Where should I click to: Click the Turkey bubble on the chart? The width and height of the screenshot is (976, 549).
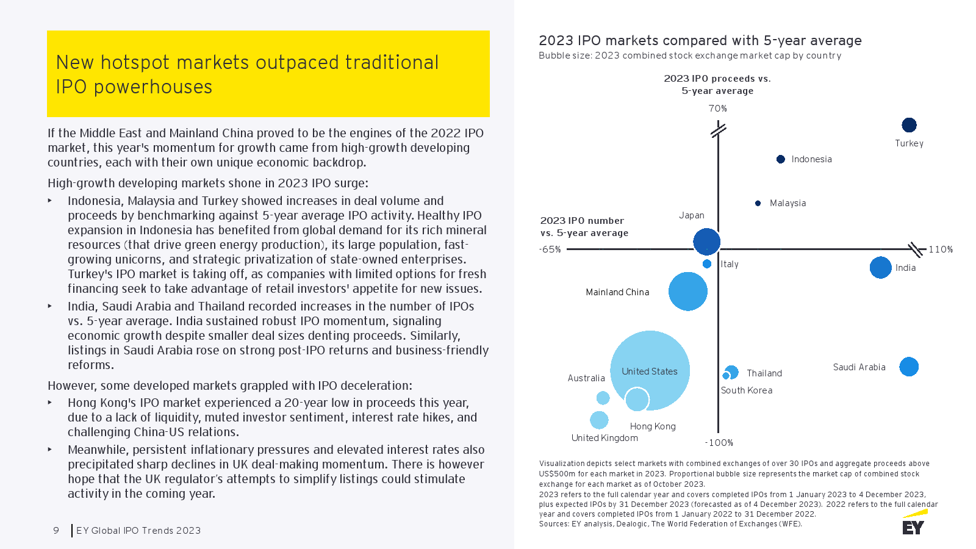[909, 125]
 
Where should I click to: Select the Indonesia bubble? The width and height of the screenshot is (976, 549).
[780, 159]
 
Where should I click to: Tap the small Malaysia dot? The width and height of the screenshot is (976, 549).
[758, 203]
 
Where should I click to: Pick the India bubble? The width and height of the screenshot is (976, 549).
[880, 267]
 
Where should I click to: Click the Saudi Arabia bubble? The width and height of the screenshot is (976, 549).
[908, 367]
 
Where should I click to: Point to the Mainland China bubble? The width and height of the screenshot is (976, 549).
[687, 292]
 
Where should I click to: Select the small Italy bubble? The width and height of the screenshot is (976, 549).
[707, 264]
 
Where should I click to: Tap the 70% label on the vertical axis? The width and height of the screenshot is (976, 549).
[717, 109]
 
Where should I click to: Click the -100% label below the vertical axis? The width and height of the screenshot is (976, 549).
[719, 443]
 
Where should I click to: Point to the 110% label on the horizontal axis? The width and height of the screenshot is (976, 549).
[940, 249]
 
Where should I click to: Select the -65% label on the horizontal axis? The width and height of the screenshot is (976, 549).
[550, 249]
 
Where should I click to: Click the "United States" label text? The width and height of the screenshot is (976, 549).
[649, 371]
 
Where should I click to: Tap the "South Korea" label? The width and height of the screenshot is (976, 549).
[746, 390]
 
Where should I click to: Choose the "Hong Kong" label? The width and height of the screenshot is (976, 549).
[653, 426]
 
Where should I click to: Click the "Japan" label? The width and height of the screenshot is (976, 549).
[691, 215]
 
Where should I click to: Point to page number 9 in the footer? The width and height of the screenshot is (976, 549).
[56, 531]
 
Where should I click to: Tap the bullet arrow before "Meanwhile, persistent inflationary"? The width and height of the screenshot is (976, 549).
[50, 450]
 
